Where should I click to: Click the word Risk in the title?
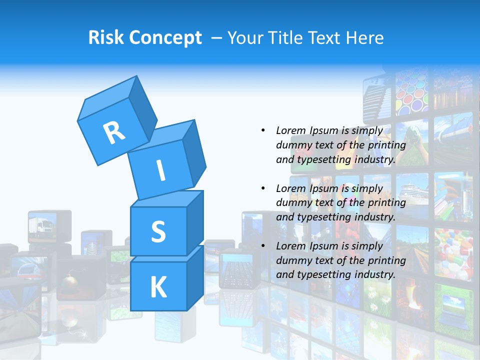106,38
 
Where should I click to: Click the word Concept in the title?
165,38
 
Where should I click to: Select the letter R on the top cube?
114,132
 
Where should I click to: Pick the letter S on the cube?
158,231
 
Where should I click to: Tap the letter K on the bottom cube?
158,287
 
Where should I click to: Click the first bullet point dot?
263,130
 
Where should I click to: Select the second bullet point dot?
263,188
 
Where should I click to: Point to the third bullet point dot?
263,246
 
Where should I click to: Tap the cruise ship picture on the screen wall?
412,193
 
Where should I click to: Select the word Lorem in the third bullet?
290,246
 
